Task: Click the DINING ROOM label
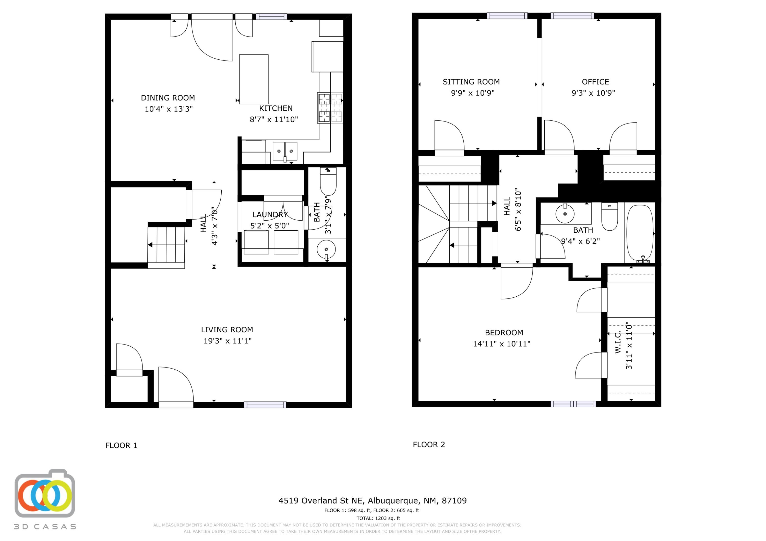168,98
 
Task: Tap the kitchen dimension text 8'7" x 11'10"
274,119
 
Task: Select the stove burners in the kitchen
330,108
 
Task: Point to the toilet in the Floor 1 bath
328,181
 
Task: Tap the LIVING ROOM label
227,330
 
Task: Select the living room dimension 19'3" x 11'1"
228,341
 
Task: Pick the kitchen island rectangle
254,79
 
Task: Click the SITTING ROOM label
471,82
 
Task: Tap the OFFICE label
595,82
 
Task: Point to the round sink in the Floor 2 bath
565,214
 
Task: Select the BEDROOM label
504,332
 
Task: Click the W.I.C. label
618,342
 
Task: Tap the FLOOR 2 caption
429,444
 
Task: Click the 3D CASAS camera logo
45,494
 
